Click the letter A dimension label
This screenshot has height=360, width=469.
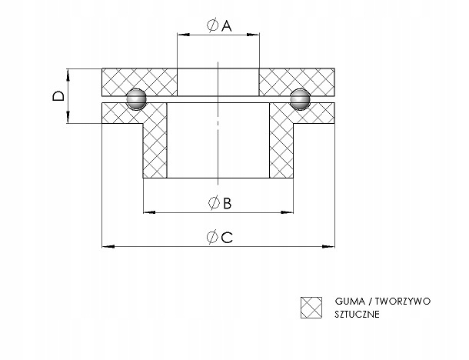point(227,25)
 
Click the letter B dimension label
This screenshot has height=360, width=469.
point(228,203)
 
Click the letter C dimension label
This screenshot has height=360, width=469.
point(227,238)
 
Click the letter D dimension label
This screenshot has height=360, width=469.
point(58,96)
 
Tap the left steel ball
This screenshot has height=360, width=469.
point(136,99)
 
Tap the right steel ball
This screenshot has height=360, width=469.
point(300,99)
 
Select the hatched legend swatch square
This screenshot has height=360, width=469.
point(311,308)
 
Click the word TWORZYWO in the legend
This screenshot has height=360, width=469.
point(403,301)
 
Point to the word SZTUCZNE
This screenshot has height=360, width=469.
point(358,314)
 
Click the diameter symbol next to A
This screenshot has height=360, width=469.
point(213,25)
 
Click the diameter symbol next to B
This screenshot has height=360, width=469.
point(215,203)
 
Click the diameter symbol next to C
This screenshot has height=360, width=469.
point(213,237)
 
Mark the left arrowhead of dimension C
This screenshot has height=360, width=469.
point(108,247)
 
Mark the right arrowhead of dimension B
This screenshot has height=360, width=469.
point(287,212)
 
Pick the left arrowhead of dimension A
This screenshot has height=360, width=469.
point(183,35)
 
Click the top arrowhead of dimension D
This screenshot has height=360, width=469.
point(68,75)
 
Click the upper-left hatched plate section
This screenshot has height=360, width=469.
point(140,82)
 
